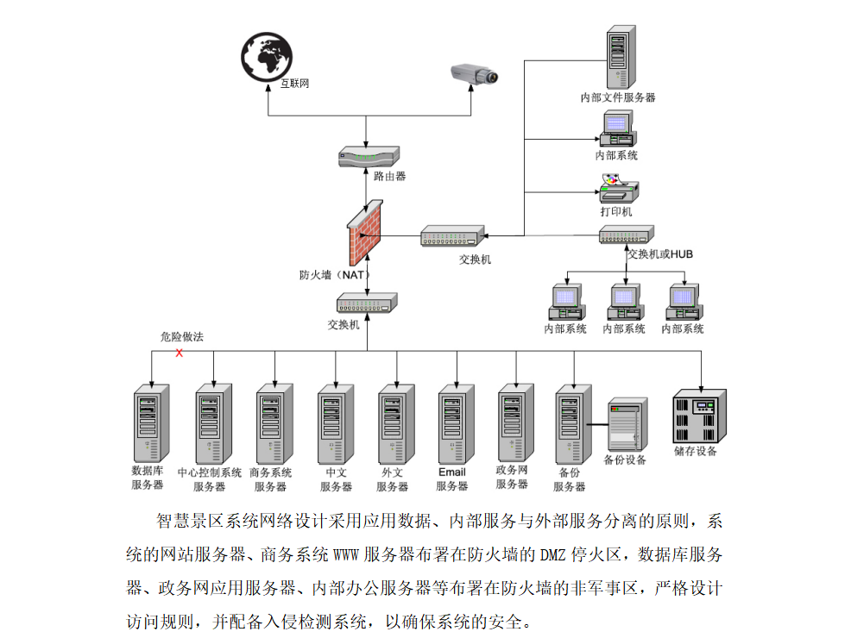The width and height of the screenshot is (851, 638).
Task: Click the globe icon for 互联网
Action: (x=267, y=57)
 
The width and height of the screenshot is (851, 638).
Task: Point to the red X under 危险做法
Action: (x=180, y=353)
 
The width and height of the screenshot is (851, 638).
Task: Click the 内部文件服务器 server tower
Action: (x=618, y=57)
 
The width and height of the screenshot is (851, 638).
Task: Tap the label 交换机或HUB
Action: (x=660, y=254)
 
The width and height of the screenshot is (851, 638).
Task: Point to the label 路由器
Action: (x=389, y=176)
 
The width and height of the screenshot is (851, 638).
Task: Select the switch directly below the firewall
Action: (x=367, y=303)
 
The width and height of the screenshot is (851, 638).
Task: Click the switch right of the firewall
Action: (x=452, y=236)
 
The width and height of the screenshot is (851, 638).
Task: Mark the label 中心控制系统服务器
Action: (x=209, y=479)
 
